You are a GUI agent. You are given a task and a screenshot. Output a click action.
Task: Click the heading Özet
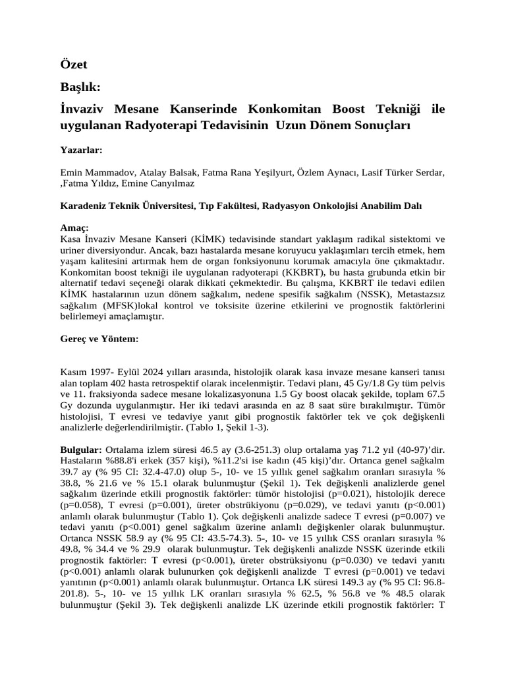coord(73,65)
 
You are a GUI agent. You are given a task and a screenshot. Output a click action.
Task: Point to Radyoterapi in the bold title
coord(185,125)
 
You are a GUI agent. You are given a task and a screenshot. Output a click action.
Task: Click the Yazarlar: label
coord(81,150)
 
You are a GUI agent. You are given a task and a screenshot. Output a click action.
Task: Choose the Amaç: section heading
coord(74,227)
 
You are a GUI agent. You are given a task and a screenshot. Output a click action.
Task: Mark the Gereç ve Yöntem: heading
coord(99,338)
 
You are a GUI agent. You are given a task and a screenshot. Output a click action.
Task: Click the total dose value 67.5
coord(433,394)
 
